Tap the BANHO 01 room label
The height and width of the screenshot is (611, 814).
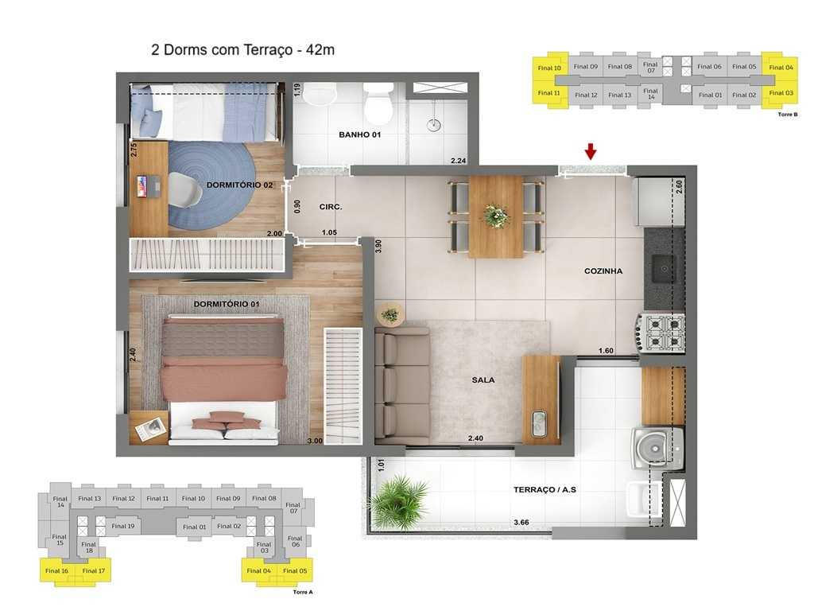359,135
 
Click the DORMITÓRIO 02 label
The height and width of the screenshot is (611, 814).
239,185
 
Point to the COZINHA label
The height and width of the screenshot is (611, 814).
603,271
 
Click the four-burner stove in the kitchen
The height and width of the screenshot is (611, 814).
662,333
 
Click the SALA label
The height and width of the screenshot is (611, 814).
483,380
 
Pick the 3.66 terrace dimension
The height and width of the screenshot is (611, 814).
521,523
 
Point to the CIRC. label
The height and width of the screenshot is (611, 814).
331,207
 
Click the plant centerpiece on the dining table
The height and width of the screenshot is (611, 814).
496,215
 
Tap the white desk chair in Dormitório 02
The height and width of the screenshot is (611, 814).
184,190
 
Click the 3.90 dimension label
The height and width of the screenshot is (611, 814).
378,246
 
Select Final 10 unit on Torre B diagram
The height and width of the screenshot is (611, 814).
549,68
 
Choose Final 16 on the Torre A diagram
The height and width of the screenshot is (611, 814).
56,570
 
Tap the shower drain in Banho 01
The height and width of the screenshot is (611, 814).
434,124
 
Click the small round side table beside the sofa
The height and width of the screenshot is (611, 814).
390,314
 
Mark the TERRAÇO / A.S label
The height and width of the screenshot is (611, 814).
545,490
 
